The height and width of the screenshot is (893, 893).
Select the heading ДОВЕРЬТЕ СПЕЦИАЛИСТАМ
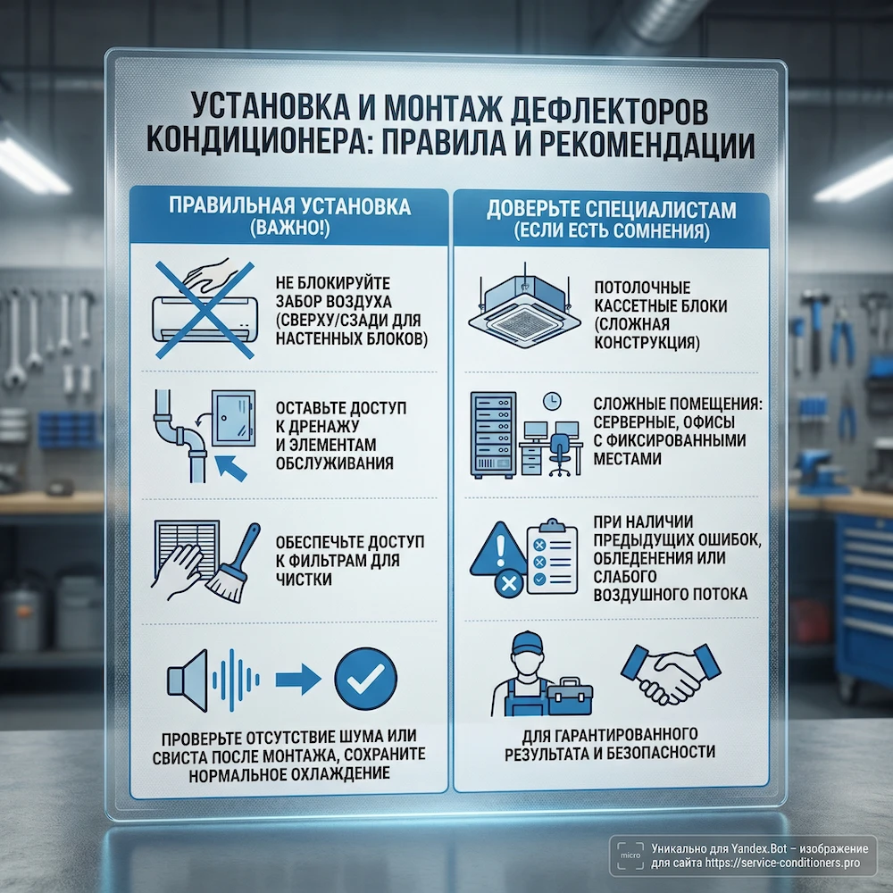(611, 212)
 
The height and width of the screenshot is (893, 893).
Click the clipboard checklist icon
(548, 559)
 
